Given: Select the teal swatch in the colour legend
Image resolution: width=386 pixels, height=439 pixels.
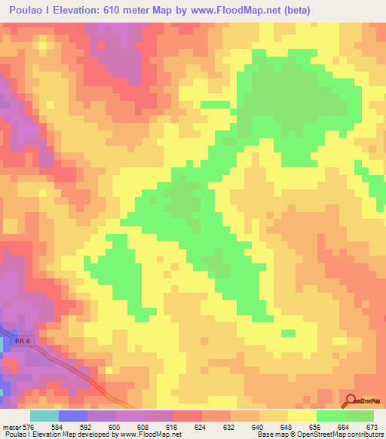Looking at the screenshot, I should tap(44, 416).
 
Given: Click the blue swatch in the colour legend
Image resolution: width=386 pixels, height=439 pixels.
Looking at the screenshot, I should tap(72, 416).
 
